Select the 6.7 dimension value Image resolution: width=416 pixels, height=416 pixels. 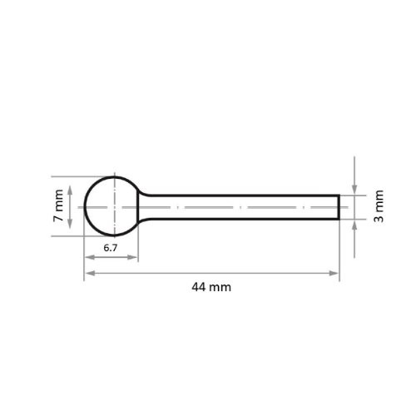111,248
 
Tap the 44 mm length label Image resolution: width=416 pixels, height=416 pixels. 210,287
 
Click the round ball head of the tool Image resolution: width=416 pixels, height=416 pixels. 111,206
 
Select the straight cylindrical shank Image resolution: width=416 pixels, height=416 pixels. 241,206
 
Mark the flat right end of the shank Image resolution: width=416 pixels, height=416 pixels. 339,206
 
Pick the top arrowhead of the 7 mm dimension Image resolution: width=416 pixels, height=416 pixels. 71,181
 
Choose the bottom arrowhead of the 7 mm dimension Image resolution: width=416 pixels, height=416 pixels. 71,231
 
